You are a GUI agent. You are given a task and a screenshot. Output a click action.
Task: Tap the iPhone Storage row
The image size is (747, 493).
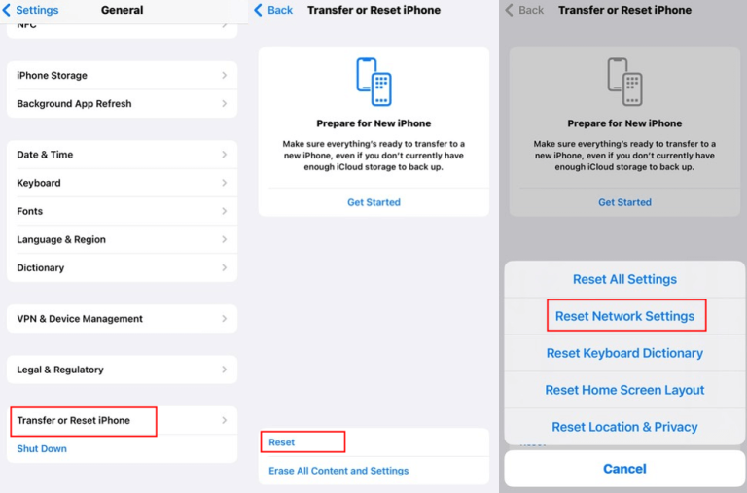(x=122, y=75)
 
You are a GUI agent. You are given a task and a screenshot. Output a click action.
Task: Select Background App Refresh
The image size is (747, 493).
(x=122, y=104)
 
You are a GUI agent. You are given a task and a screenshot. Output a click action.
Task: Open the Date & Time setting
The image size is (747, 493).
(x=122, y=155)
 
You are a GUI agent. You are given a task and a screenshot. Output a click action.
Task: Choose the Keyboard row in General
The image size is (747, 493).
(x=122, y=183)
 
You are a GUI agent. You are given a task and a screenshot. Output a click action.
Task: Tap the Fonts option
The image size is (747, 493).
(x=122, y=211)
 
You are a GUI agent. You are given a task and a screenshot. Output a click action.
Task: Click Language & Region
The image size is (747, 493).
(x=122, y=239)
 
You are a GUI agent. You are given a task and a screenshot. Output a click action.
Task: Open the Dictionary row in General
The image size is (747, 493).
(x=122, y=267)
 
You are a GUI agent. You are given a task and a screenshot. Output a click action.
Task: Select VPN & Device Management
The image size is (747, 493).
(x=122, y=319)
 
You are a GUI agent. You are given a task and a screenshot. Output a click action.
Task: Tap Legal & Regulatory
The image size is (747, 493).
(x=122, y=370)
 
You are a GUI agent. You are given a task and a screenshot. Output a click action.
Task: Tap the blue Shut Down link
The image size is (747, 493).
(x=42, y=448)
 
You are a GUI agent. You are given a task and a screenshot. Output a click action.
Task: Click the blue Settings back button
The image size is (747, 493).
(x=31, y=10)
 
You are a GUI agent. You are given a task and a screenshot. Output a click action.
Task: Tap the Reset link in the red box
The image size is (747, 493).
(x=281, y=442)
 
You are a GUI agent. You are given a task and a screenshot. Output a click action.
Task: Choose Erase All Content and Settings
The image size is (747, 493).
(x=338, y=471)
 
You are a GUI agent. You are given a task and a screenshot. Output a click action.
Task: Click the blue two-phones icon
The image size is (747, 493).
(x=373, y=82)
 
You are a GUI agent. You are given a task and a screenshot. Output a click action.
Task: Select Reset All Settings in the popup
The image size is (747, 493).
(x=624, y=279)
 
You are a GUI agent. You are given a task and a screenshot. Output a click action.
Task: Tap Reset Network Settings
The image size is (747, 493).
(x=624, y=316)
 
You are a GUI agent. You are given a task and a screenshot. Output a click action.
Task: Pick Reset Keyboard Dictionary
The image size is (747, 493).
(x=624, y=353)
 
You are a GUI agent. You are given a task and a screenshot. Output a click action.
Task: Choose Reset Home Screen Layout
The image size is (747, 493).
(x=624, y=390)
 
